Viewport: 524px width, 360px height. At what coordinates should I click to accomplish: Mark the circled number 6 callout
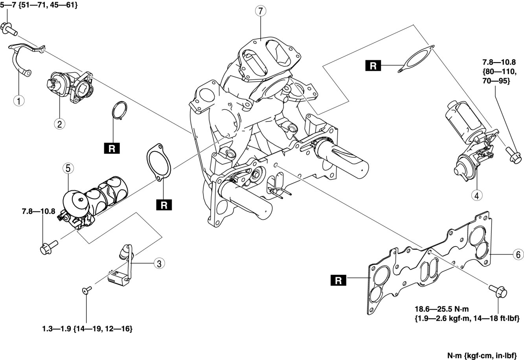[518, 255]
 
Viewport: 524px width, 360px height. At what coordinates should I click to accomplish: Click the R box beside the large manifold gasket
[338, 280]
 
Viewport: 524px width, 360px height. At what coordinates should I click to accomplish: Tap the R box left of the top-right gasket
[373, 65]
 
